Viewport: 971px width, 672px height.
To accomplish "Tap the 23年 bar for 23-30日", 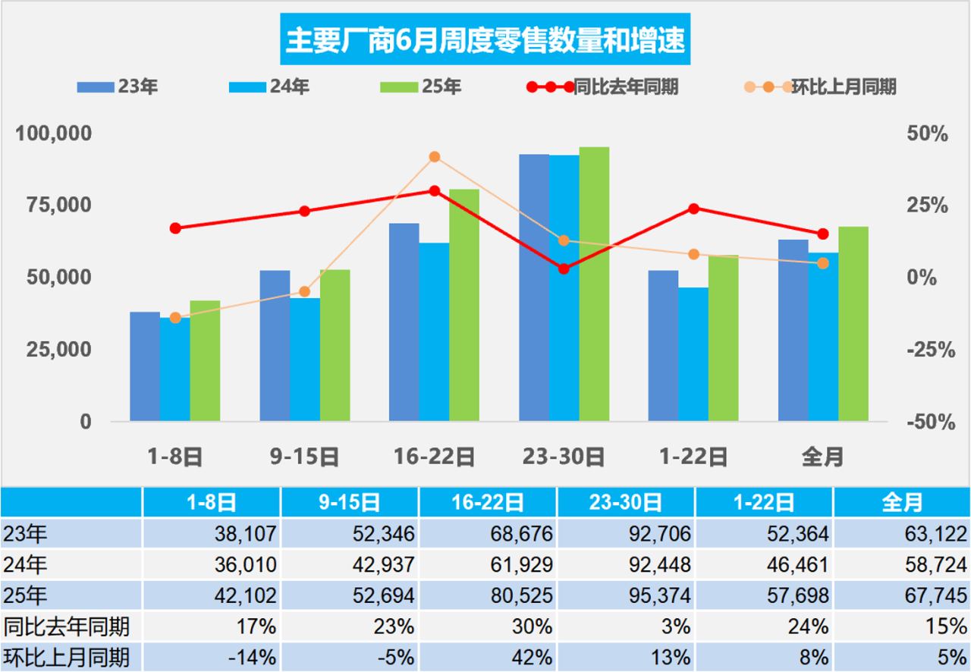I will coord(534,287).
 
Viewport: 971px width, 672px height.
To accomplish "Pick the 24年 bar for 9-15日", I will coord(305,360).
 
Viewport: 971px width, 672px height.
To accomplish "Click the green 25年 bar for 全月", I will coord(853,324).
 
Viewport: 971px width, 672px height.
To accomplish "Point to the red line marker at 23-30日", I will coord(564,268).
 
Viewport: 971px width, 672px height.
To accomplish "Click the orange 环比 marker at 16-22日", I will coord(435,157).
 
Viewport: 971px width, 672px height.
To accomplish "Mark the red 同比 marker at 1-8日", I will coord(175,228).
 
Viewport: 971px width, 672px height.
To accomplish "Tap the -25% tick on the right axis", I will coord(926,350).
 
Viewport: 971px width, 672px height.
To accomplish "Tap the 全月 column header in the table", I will coord(902,502).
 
